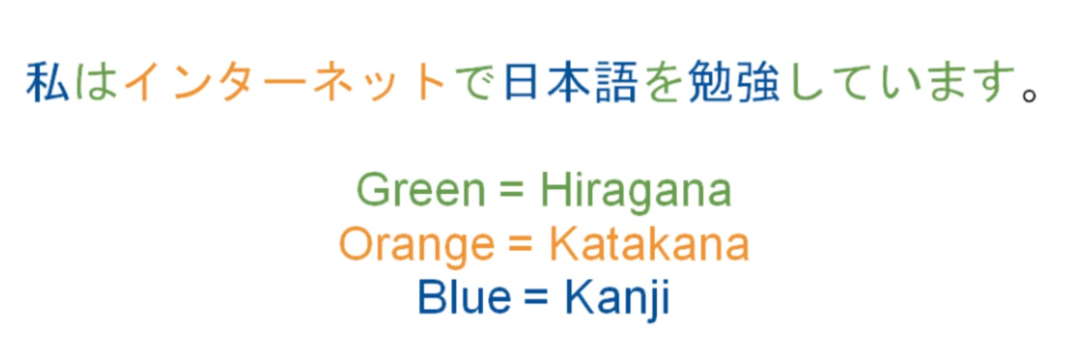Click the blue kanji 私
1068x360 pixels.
click(47, 82)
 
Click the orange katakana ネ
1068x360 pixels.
click(334, 82)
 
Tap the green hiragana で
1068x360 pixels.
click(474, 82)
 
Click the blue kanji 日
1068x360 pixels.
click(521, 82)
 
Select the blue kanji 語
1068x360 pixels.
click(616, 82)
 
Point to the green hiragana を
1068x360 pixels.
click(663, 82)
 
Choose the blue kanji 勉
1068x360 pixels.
click(711, 82)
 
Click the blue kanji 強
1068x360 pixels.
click(758, 82)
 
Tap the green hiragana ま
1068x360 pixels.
click(947, 82)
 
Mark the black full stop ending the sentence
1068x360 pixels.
click(1029, 95)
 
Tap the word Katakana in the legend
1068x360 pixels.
click(649, 243)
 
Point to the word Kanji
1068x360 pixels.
click(618, 298)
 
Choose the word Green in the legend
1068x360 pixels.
click(421, 190)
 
